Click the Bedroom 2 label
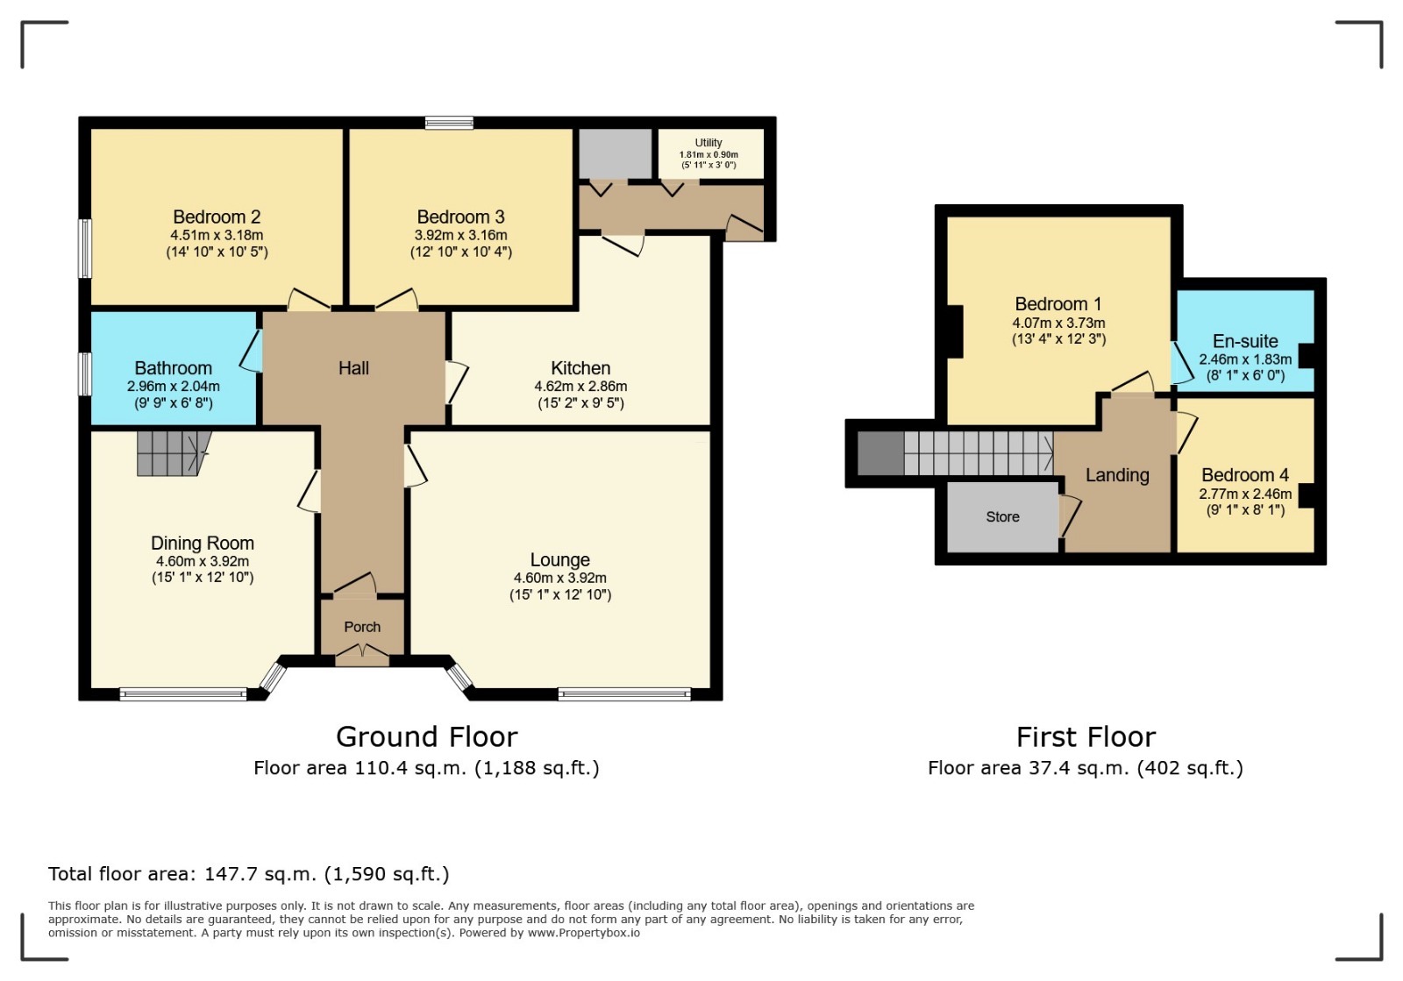pyautogui.click(x=217, y=217)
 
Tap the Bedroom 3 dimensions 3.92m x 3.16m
pyautogui.click(x=460, y=236)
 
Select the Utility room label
pyautogui.click(x=709, y=143)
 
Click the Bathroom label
pyautogui.click(x=174, y=368)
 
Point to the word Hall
pyautogui.click(x=353, y=368)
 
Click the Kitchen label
pyautogui.click(x=580, y=368)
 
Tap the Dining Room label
pyautogui.click(x=203, y=543)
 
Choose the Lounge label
pyautogui.click(x=560, y=559)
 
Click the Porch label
pyautogui.click(x=362, y=627)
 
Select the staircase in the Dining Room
pyautogui.click(x=174, y=452)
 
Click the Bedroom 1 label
pyautogui.click(x=1058, y=304)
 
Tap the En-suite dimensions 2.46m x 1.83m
pyautogui.click(x=1245, y=359)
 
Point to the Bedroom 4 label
pyautogui.click(x=1245, y=475)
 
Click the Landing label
pyautogui.click(x=1117, y=475)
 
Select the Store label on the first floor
pyautogui.click(x=1002, y=516)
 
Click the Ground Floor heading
pyautogui.click(x=426, y=736)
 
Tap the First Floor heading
pyautogui.click(x=1086, y=736)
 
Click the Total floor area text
pyautogui.click(x=249, y=874)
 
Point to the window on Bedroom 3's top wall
pyautogui.click(x=449, y=123)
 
